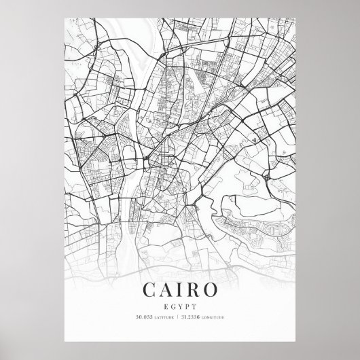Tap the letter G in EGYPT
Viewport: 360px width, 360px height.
click(x=173, y=306)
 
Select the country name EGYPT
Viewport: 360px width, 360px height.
click(x=179, y=306)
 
